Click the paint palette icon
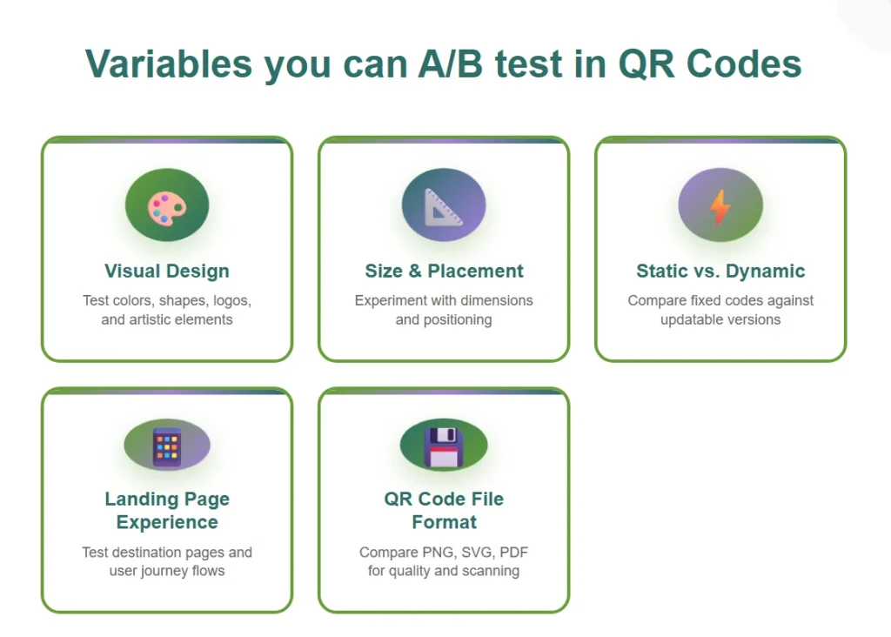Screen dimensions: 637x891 [166, 207]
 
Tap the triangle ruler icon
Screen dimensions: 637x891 [444, 207]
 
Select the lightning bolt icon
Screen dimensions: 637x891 [720, 207]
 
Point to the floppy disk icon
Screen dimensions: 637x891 [444, 446]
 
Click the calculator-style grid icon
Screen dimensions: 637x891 [166, 447]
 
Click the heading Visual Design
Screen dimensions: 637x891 [167, 271]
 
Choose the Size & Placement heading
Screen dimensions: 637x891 [444, 271]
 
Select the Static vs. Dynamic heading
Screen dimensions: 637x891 [720, 271]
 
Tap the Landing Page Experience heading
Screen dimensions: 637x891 [167, 511]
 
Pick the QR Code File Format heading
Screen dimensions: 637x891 [444, 511]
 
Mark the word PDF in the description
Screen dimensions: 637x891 [514, 552]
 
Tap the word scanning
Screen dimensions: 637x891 [490, 571]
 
